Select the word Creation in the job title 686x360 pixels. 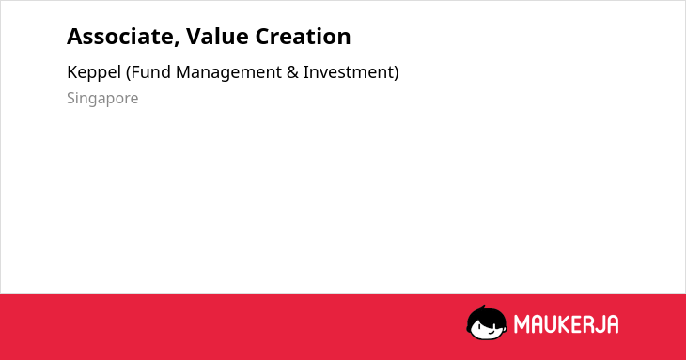coord(304,37)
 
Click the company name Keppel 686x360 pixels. coord(94,72)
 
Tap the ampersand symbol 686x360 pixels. coord(292,72)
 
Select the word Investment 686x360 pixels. coord(349,72)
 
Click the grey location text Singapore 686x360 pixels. coord(102,99)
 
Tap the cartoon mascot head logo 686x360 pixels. coord(487,323)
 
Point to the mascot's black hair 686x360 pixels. coord(486,315)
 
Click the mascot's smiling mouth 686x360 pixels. coord(491,333)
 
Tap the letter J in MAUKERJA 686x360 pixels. coord(600,324)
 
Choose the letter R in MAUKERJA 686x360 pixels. coord(589,324)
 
